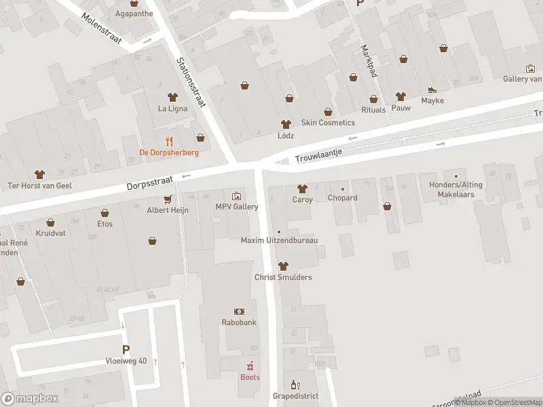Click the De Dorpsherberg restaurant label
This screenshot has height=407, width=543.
point(169,152)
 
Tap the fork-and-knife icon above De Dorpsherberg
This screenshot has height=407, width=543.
point(170,142)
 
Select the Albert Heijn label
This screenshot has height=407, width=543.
point(168,210)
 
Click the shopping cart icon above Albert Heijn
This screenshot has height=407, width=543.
point(168,199)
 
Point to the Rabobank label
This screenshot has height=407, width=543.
point(239,322)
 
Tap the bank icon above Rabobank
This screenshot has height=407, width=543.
point(239,311)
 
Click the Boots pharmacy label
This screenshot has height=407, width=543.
point(250,377)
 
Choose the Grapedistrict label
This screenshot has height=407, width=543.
point(295,395)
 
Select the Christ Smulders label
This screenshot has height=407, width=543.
point(283,277)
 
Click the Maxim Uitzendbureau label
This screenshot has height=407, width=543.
point(279,241)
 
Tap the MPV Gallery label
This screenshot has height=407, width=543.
point(237,207)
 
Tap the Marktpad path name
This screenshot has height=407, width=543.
point(369,61)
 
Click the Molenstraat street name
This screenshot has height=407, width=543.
point(100,28)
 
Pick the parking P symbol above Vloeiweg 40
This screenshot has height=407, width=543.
point(126,350)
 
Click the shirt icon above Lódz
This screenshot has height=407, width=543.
point(286,124)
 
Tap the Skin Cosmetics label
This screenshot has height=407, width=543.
point(328,123)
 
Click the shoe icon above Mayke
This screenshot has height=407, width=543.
point(432,90)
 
